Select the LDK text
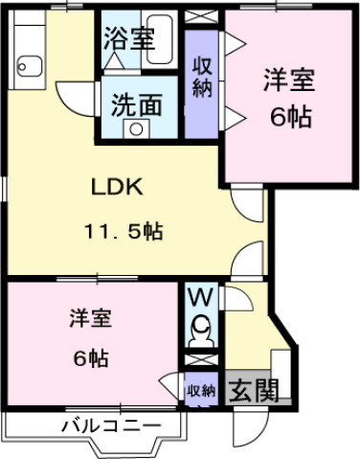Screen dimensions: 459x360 (x=118, y=188)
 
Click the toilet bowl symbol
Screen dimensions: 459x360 (x=200, y=335)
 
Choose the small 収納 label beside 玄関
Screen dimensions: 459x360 (x=201, y=390)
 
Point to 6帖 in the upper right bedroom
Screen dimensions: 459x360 (x=289, y=119)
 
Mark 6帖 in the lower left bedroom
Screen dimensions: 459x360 (x=91, y=359)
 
